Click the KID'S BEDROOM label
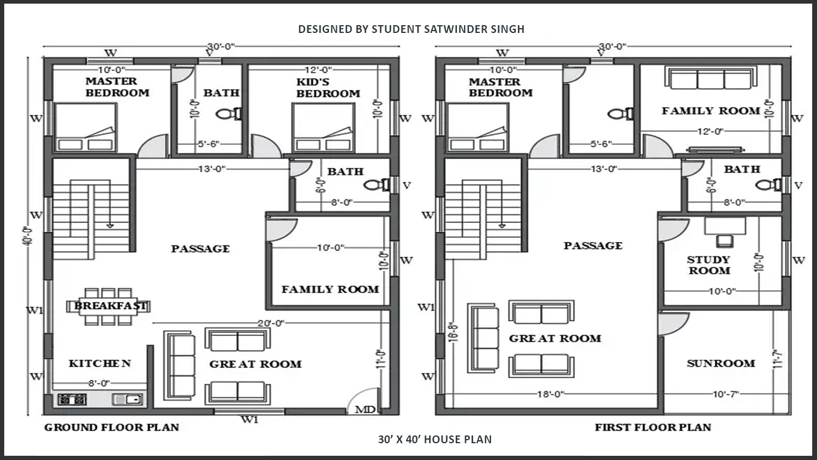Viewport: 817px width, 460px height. click(x=328, y=87)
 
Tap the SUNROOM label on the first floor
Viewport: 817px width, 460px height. click(x=721, y=364)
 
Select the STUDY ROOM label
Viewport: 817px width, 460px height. click(x=709, y=265)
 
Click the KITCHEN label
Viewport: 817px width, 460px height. click(x=99, y=363)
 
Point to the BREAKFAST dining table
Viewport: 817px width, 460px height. click(x=108, y=306)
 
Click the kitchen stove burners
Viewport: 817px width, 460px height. click(x=72, y=400)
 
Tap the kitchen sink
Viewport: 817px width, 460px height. click(x=127, y=400)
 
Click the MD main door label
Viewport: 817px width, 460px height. click(x=365, y=409)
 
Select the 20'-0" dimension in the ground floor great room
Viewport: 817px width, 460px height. click(x=270, y=323)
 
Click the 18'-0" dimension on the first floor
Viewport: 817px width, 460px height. click(x=551, y=394)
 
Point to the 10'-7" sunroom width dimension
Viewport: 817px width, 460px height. click(x=726, y=394)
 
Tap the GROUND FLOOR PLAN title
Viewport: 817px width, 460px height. click(x=112, y=427)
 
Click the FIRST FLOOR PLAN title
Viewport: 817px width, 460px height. click(x=653, y=427)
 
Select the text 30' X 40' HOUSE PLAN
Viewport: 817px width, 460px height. click(x=435, y=439)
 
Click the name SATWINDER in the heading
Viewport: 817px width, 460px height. click(x=450, y=29)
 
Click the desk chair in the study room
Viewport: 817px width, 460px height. click(x=725, y=241)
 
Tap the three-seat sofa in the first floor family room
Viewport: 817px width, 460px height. click(x=711, y=78)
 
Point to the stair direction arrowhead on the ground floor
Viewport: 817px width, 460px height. click(x=110, y=226)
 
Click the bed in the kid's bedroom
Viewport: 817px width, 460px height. click(x=324, y=128)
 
